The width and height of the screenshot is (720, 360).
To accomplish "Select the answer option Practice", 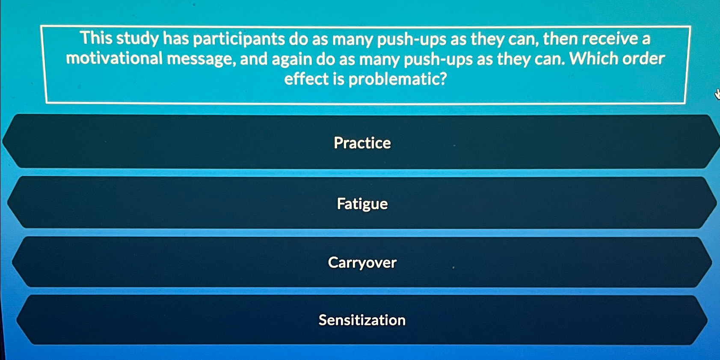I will [362, 143].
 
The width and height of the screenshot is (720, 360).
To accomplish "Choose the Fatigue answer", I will [362, 204].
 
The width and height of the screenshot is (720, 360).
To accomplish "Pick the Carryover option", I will [362, 263].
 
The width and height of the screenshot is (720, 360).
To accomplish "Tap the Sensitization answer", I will [362, 320].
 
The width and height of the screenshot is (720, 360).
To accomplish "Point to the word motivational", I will [114, 59].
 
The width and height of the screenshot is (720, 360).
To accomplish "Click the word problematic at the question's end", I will [397, 79].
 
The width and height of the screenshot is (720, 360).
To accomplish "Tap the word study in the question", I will [137, 39].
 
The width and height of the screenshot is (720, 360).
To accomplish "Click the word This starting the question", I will [96, 38].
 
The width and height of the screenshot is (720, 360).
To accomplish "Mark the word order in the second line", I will [643, 59].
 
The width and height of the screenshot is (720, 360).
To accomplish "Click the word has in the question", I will [175, 39].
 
